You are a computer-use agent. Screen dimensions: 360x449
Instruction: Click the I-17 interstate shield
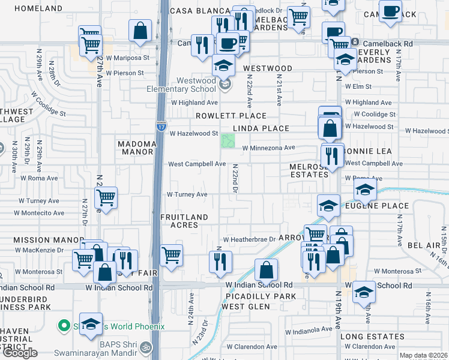161,126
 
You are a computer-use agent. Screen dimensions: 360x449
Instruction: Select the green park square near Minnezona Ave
228,142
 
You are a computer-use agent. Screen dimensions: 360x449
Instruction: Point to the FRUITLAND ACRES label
185,221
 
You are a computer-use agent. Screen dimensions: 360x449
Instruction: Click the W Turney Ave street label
187,194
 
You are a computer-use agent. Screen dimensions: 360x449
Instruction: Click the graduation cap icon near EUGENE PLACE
364,192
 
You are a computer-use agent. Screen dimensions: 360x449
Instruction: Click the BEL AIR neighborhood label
423,246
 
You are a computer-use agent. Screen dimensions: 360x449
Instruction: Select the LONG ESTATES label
372,337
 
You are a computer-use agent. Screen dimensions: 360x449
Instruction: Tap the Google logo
20,353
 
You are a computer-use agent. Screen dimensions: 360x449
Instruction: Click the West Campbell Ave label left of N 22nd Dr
196,164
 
